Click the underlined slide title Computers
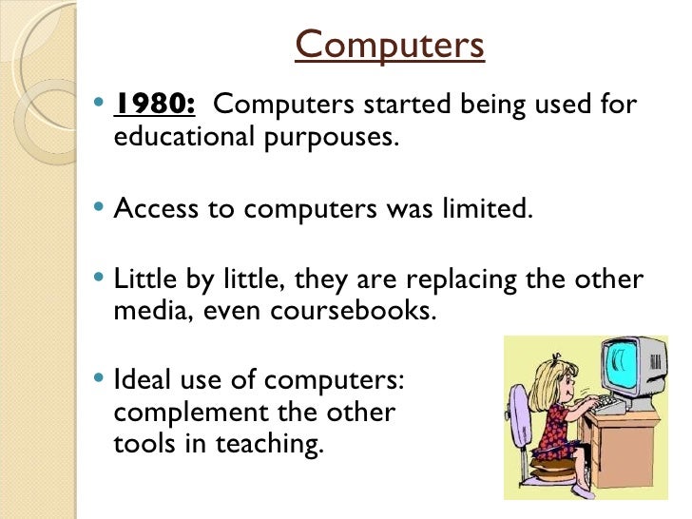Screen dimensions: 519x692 tap(390, 44)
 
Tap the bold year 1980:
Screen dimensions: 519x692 tap(154, 104)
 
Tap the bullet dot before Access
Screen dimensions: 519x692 tap(103, 208)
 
